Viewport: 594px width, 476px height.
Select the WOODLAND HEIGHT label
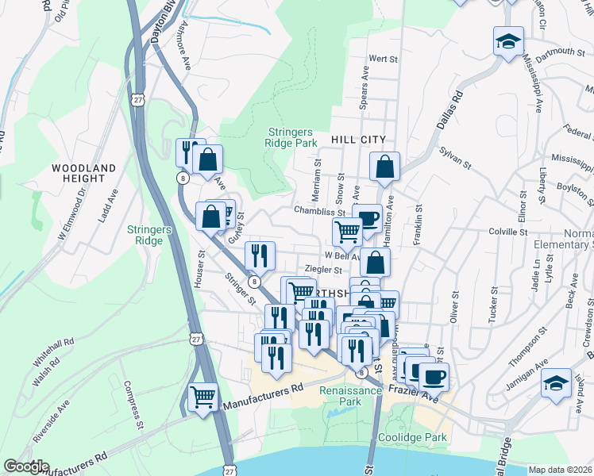pos(83,174)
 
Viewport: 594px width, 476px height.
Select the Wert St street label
pos(383,59)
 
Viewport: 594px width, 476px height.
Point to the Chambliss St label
pos(319,212)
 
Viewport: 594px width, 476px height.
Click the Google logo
pos(26,466)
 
